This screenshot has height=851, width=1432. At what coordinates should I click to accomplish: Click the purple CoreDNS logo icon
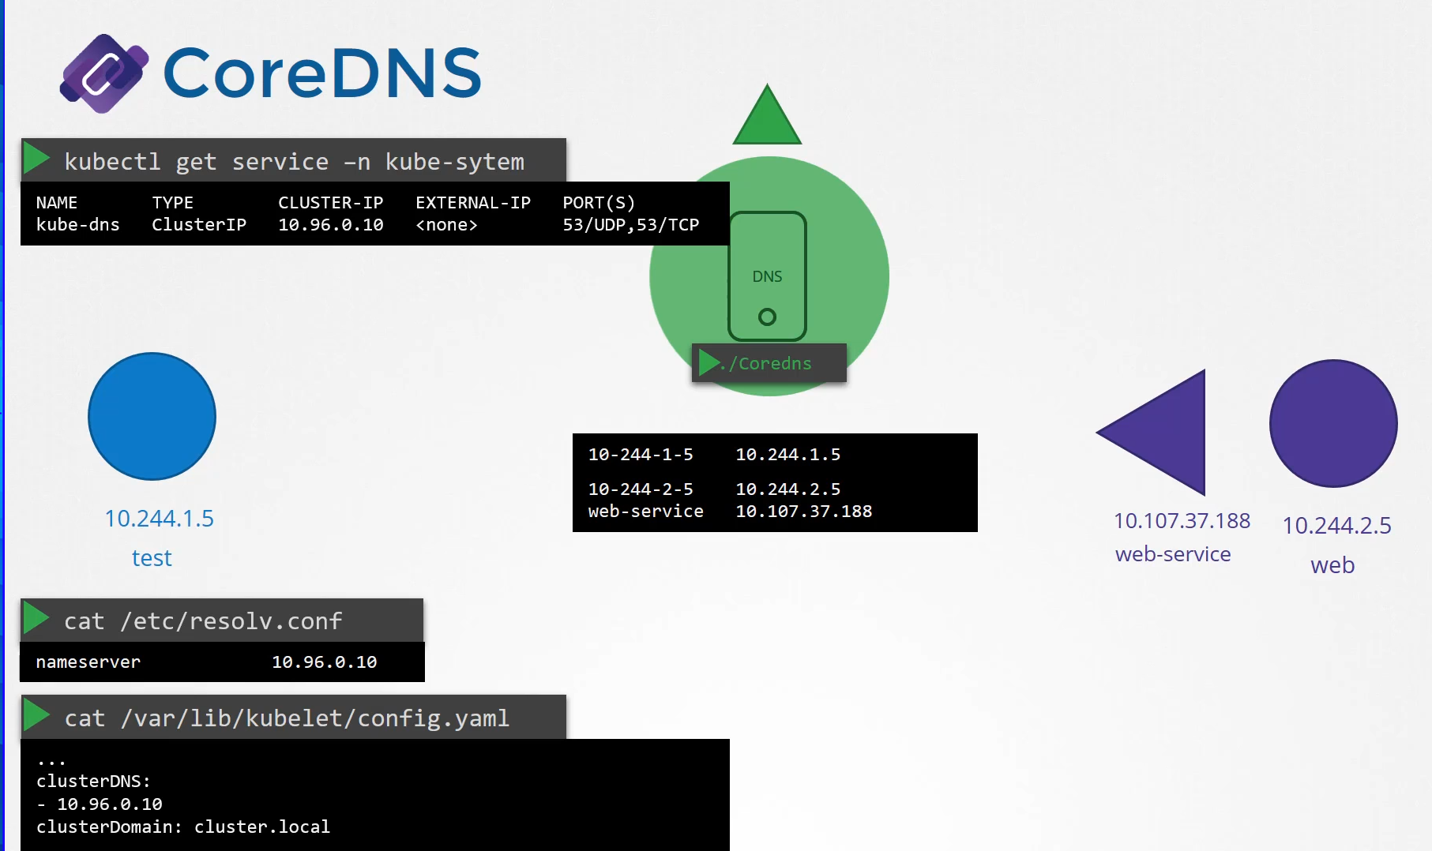point(104,73)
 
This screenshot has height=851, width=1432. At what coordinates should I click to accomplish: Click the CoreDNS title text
point(322,73)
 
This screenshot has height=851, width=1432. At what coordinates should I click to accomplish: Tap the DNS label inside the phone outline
point(767,276)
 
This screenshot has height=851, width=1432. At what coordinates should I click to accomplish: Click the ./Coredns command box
point(769,363)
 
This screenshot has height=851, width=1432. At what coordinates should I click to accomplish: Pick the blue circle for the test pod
point(152,416)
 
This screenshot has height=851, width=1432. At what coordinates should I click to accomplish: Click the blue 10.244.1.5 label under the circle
point(159,519)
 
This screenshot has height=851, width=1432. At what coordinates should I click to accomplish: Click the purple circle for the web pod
point(1333,423)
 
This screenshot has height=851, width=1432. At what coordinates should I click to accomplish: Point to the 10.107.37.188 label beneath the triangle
point(1182,521)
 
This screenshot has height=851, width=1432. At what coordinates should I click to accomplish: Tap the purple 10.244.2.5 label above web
point(1336,526)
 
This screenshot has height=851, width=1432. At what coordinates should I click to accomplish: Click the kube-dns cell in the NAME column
point(77,225)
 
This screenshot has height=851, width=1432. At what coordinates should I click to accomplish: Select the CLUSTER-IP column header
point(330,203)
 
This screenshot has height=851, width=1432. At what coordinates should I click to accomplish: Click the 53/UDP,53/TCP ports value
point(630,225)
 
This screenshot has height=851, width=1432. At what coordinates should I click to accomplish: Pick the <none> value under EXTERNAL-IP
point(446,225)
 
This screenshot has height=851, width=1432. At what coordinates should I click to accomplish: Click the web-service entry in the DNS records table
point(645,512)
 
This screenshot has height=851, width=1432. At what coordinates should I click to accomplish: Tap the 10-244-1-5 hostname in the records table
point(641,455)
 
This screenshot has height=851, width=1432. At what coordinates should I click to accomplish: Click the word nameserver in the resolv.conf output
point(88,662)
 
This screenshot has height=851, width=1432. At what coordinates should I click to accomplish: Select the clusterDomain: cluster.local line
point(183,827)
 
